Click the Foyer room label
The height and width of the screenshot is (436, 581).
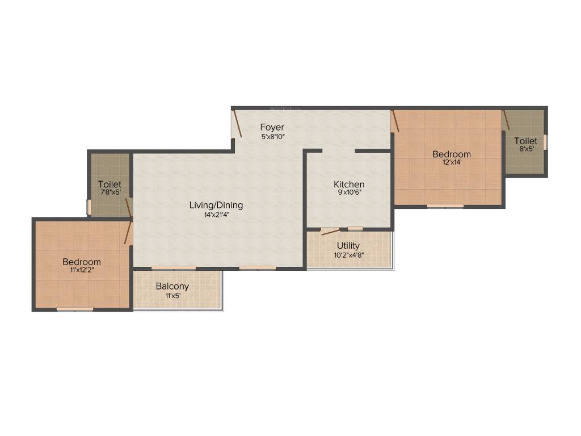coord(272,127)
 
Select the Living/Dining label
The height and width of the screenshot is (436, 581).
coord(216,205)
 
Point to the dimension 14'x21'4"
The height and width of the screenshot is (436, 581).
coord(216,215)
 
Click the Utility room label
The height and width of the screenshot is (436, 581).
coord(348,245)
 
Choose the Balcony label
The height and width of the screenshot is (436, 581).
coord(172,286)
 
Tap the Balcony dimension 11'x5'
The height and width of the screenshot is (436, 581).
coord(172,295)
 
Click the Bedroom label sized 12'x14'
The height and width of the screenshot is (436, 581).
coord(452,154)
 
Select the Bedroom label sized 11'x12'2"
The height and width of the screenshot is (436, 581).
coord(82,262)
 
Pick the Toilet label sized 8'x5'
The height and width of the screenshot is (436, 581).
coord(525,141)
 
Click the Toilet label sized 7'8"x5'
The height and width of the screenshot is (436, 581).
coord(110,185)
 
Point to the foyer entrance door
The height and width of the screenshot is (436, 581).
coord(238,124)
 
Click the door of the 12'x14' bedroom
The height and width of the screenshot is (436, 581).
coord(395,120)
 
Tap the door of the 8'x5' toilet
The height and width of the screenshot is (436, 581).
coord(506,120)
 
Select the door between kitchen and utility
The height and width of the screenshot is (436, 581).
coord(330,232)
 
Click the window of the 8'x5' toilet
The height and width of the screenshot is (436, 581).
coord(545,142)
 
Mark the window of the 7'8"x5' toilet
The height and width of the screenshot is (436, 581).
coord(89,207)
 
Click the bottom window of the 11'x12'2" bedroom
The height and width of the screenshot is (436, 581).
coord(75,309)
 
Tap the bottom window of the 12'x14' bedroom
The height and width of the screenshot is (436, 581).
coord(445,206)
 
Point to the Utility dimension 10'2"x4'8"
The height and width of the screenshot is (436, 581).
coord(348,255)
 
